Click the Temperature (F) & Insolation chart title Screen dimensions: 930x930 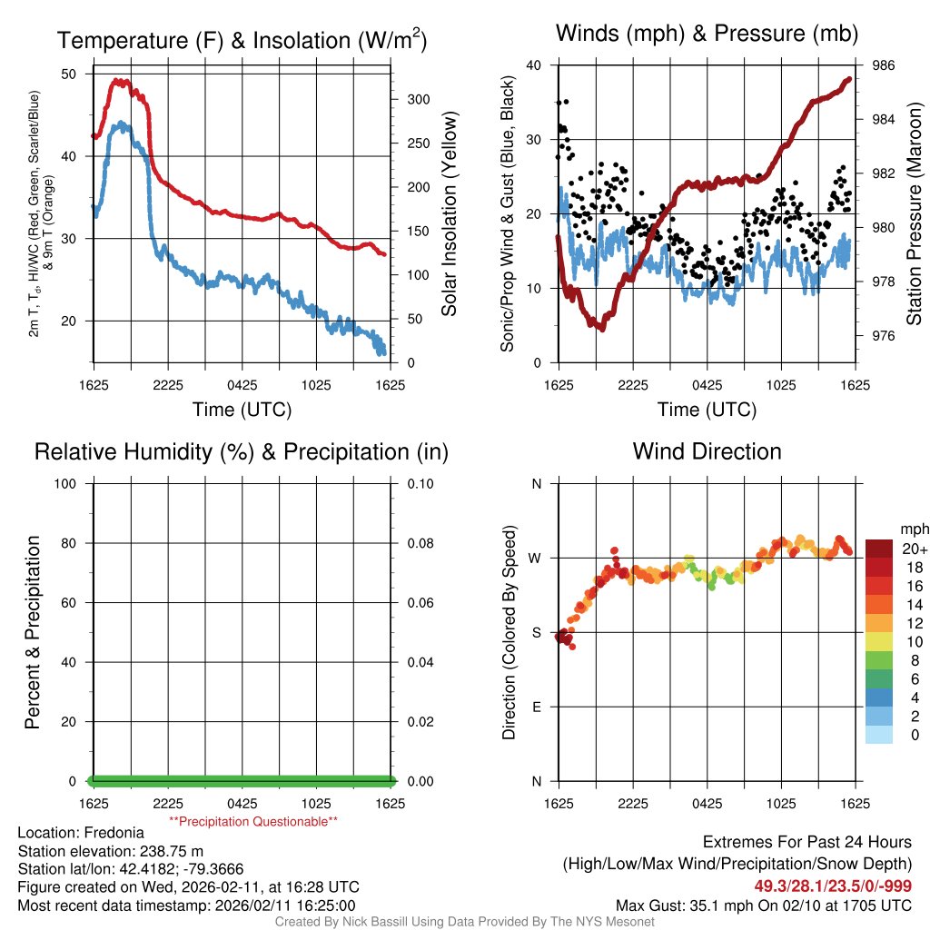point(242,40)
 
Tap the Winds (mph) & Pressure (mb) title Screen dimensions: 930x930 point(707,34)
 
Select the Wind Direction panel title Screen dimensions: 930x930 point(707,451)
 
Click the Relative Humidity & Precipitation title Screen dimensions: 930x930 point(242,451)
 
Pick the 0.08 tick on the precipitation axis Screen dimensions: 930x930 point(420,543)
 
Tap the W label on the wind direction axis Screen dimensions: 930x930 point(536,558)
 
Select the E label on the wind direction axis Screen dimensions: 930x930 point(536,707)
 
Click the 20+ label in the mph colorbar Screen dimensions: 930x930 point(914,549)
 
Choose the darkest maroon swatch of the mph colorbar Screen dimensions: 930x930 point(879,549)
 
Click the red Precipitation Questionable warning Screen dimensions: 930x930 point(253,821)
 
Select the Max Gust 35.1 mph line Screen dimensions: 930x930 point(764,905)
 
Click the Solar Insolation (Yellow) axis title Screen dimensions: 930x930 point(449,214)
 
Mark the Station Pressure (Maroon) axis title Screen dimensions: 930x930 point(914,214)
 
